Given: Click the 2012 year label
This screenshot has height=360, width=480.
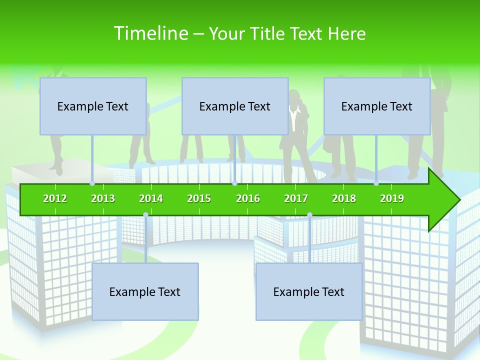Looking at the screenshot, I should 55,198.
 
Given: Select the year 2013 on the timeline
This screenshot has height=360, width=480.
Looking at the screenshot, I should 103,198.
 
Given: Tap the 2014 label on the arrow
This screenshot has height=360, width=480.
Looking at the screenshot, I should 151,198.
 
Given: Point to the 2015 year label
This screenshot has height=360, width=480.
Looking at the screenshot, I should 199,198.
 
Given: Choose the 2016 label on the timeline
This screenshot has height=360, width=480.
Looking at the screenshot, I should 248,198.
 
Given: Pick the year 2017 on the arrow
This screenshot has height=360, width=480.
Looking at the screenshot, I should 296,198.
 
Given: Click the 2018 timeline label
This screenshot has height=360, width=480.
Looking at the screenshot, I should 344,198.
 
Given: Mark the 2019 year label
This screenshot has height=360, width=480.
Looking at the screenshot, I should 392,198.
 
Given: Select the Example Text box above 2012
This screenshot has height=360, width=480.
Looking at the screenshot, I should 93,106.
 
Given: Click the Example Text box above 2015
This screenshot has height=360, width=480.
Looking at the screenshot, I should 235,106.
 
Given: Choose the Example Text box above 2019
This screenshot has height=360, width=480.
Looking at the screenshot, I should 377,106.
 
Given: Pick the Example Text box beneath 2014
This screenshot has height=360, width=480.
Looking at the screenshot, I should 145,291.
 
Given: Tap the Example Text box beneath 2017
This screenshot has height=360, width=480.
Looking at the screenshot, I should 309,291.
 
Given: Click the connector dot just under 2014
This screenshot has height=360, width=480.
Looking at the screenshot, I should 145,214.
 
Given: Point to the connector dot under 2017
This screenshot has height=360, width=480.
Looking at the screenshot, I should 309,214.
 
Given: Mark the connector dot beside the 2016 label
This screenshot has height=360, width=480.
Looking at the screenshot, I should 234,183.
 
